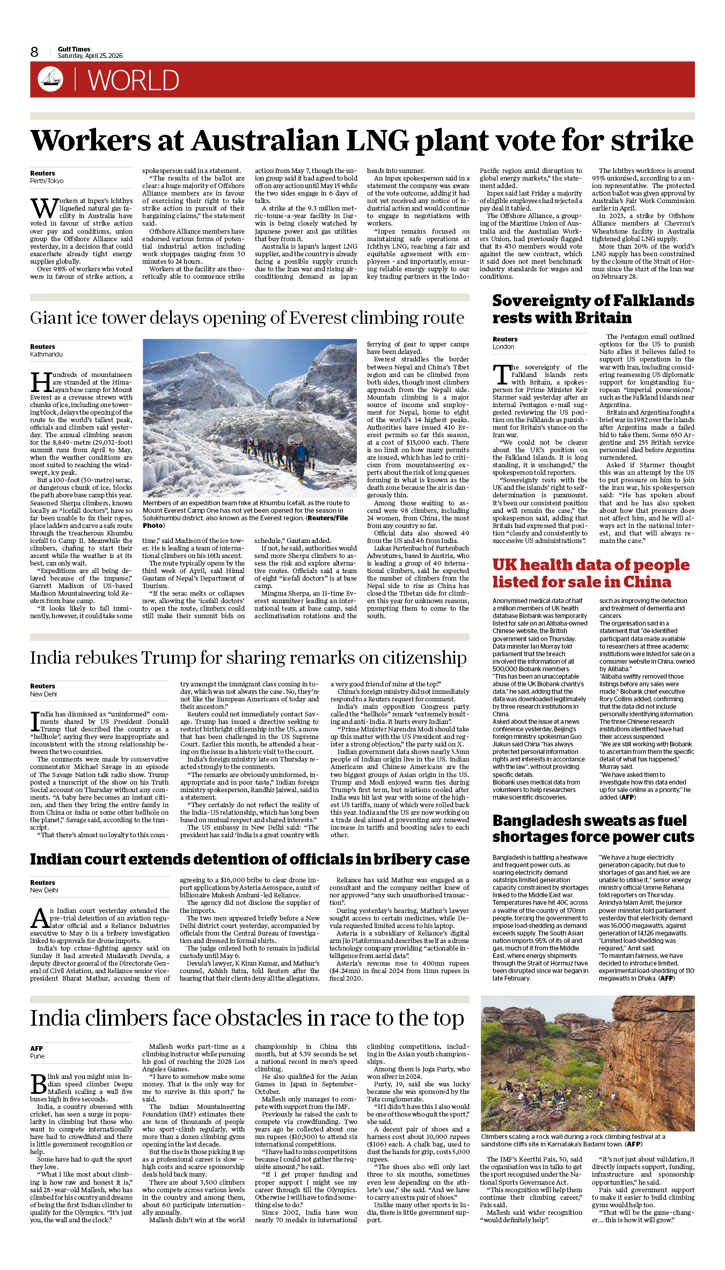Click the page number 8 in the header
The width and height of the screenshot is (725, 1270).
coord(34,52)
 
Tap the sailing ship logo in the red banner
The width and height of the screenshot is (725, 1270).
coord(50,79)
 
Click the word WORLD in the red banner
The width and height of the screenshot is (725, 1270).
coord(133,81)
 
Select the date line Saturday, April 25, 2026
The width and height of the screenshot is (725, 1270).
coord(90,56)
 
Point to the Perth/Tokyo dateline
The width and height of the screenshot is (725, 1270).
coord(47,181)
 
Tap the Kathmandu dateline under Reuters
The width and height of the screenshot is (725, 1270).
coord(46,354)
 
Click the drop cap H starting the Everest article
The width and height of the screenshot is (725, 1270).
coord(41,383)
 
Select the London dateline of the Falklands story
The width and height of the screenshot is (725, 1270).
coord(503,347)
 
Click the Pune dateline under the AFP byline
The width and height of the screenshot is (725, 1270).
coord(38,1056)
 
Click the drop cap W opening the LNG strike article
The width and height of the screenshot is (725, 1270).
coord(43,208)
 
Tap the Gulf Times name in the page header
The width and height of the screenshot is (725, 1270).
coord(74,49)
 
